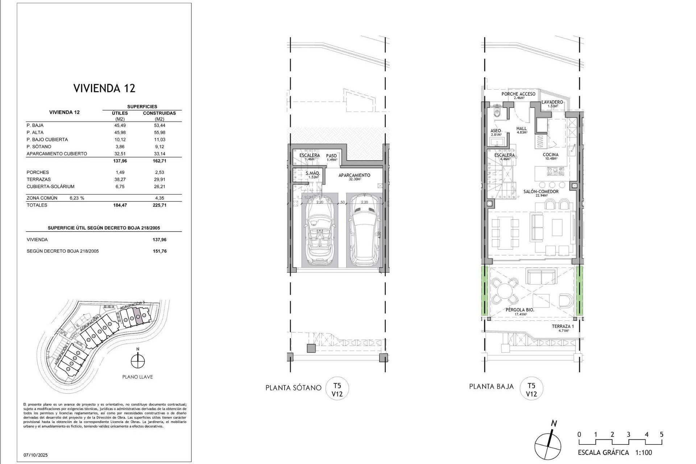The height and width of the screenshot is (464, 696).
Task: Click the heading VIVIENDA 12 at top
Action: tap(104, 88)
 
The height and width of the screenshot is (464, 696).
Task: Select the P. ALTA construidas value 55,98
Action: tap(159, 132)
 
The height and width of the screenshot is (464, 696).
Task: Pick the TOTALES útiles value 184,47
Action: tap(120, 205)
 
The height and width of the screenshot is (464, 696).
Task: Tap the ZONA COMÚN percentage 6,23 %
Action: tap(77, 198)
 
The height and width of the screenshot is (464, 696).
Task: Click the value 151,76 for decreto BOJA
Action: tap(159, 251)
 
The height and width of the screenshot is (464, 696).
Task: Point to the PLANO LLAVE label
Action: tap(137, 377)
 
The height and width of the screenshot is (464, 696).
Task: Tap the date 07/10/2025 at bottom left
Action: tap(36, 455)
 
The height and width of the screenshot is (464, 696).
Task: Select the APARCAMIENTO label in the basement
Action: tap(354, 175)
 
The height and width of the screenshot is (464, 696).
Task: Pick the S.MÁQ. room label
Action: tap(312, 174)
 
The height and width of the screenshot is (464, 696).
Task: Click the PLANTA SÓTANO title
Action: tap(293, 388)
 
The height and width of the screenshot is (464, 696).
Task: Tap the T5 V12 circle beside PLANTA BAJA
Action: tap(531, 388)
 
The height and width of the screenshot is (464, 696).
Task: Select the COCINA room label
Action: tap(550, 155)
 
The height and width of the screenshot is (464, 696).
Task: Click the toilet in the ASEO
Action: tap(497, 112)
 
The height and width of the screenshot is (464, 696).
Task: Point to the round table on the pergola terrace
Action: tap(504, 291)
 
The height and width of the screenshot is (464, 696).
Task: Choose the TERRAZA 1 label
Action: tap(563, 326)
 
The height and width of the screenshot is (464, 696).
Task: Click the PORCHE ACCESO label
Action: tap(518, 94)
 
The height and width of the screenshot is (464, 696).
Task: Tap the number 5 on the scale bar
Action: tap(662, 435)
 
